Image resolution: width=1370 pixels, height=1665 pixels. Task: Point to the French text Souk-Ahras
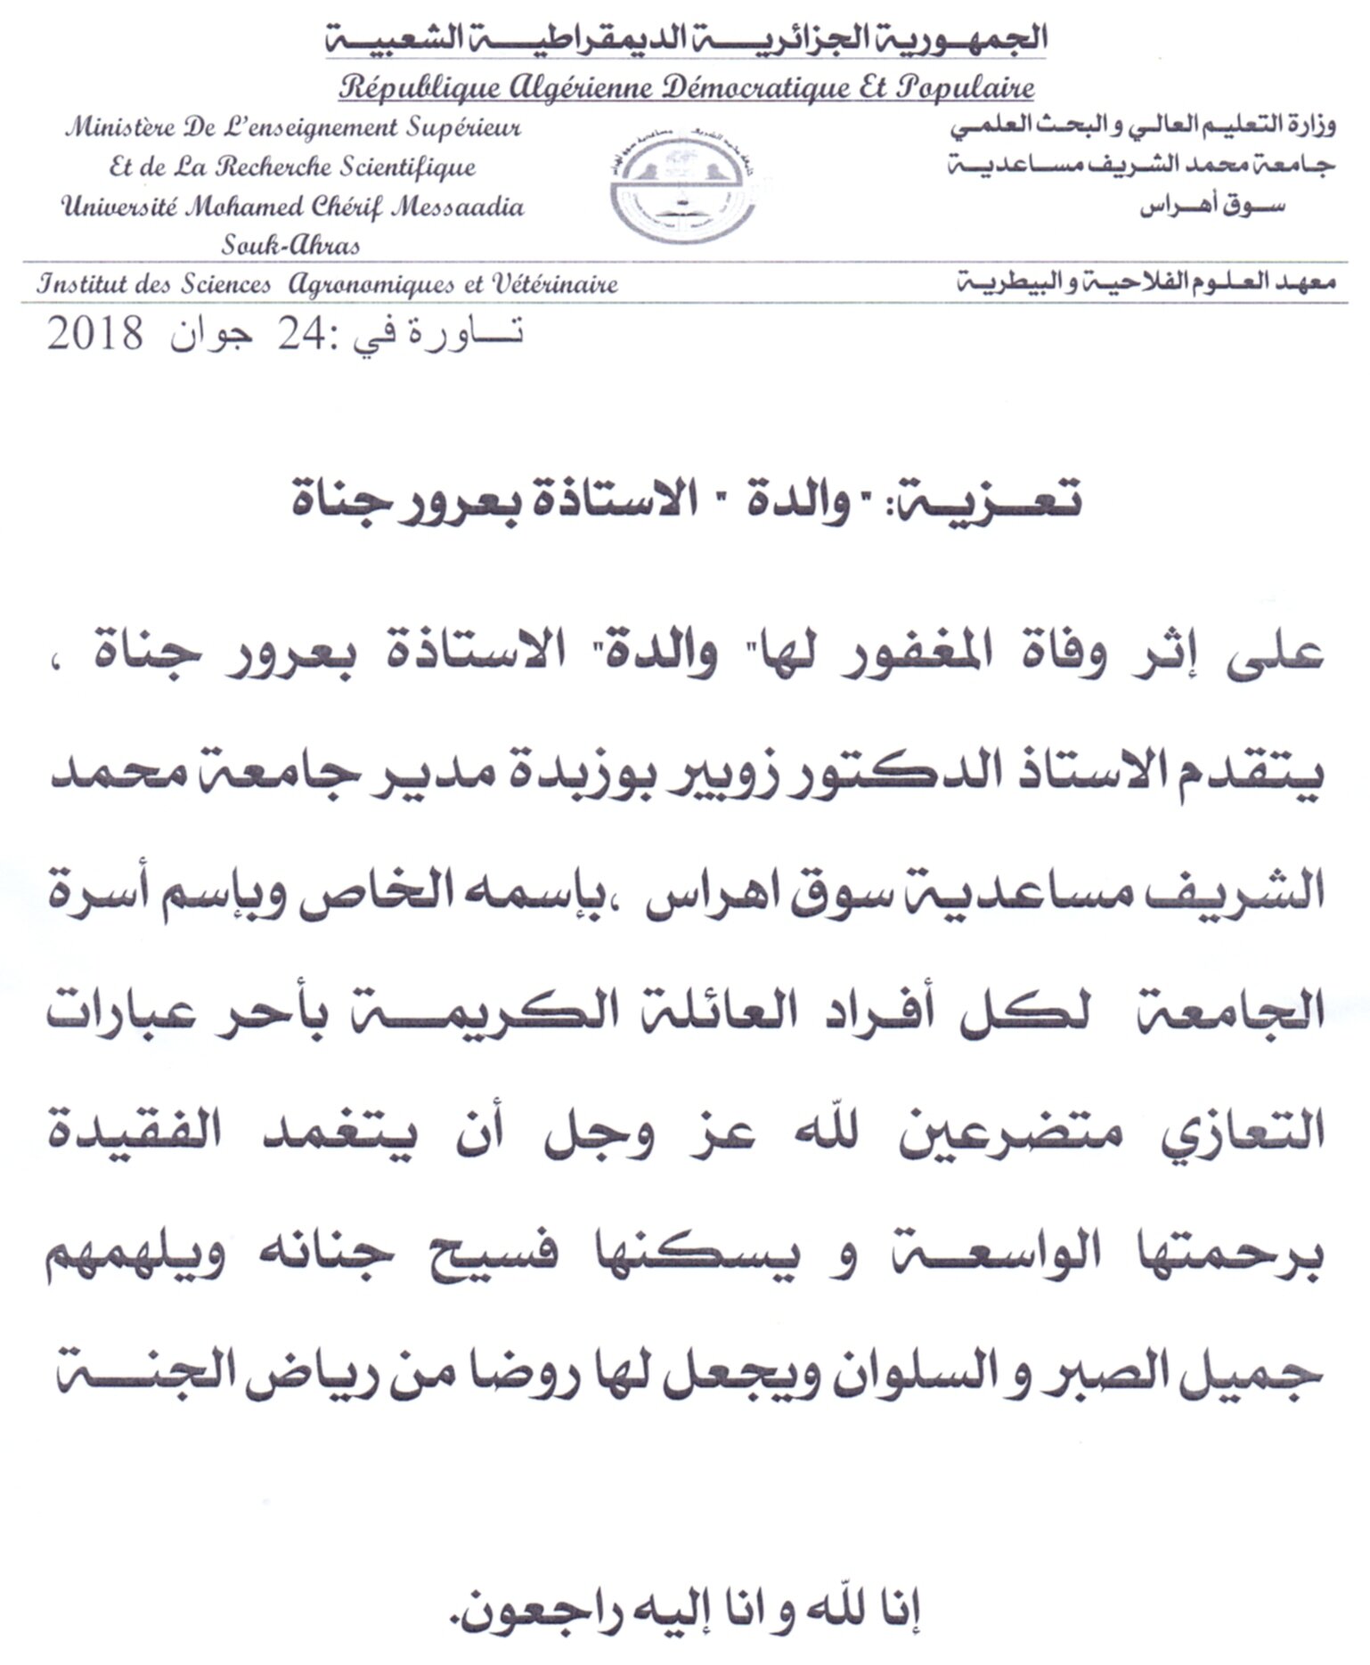pos(290,245)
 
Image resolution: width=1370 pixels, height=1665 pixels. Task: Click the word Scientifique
pos(407,167)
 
